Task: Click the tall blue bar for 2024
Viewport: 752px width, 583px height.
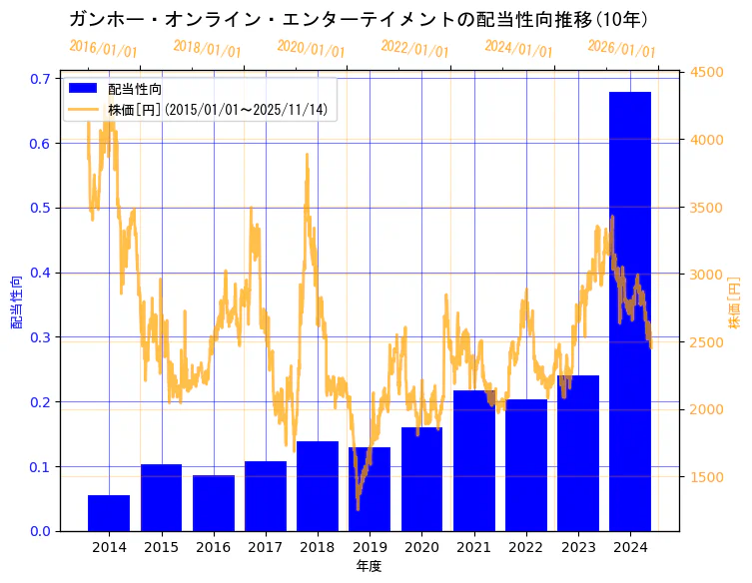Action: (630, 311)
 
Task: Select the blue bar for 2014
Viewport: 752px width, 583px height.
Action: (109, 513)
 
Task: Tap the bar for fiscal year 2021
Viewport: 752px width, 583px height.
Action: (473, 460)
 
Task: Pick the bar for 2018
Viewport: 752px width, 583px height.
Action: (318, 486)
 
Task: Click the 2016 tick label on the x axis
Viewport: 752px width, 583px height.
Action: (213, 547)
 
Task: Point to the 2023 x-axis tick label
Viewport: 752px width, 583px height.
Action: (578, 547)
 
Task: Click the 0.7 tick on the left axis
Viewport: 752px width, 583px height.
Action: (41, 79)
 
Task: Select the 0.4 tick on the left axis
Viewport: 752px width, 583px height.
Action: (41, 273)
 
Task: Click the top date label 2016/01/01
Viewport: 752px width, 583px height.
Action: (104, 48)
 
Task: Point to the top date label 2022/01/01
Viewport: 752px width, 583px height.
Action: (415, 48)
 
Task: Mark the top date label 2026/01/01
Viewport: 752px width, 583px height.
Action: (622, 48)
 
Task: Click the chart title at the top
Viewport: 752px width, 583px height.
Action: (359, 19)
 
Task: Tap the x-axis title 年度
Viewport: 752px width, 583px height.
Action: (369, 566)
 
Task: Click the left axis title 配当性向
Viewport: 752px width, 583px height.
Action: (17, 301)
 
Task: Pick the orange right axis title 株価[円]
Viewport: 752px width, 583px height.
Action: (735, 301)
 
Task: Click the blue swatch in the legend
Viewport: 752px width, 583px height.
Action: (83, 89)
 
